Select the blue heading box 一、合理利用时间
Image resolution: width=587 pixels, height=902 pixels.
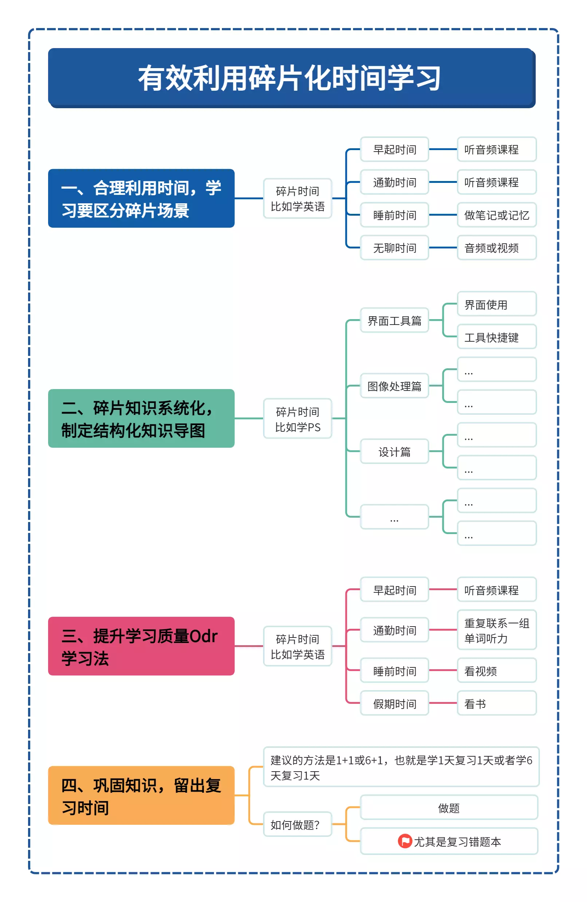[141, 198]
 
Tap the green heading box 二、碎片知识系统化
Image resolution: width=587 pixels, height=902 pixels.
[141, 419]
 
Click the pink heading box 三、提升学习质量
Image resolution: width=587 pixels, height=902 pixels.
[141, 646]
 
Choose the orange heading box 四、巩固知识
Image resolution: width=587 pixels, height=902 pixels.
[141, 795]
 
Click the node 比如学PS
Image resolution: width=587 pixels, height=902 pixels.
[297, 419]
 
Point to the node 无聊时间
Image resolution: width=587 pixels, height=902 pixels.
[394, 248]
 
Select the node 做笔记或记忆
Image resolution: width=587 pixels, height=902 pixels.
[496, 215]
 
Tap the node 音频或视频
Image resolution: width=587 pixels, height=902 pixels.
[496, 248]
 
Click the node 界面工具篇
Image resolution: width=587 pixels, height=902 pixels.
[394, 321]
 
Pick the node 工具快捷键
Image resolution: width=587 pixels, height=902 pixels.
[496, 337]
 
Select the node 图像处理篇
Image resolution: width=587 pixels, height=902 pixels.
[394, 386]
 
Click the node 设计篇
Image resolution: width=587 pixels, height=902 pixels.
[394, 451]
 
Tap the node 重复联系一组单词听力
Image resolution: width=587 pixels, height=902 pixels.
[496, 630]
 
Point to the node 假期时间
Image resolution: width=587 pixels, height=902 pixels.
[394, 703]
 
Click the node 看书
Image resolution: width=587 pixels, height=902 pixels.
[496, 703]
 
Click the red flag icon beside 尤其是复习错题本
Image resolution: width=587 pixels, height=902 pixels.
[404, 841]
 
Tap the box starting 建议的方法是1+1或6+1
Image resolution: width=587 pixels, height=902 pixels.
[401, 767]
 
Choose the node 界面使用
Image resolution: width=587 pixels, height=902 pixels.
[496, 304]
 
